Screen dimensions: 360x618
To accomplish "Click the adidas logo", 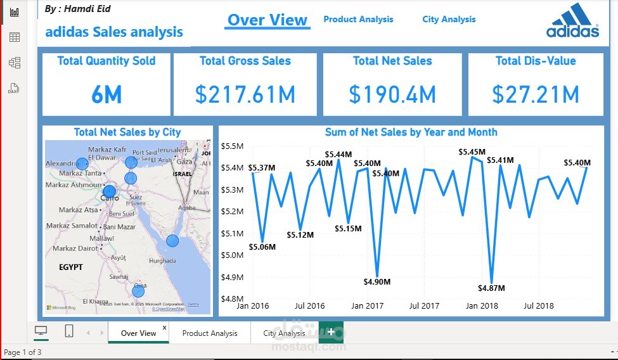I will tap(572, 22).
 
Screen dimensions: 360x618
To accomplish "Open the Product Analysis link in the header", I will tap(358, 20).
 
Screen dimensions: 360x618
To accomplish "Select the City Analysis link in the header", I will tap(449, 20).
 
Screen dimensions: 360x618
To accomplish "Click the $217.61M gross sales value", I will tap(245, 94).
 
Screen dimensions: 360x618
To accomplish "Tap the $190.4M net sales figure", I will tap(392, 94).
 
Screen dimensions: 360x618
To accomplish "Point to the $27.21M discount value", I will tap(536, 94).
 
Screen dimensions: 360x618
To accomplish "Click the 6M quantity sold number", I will tap(106, 95).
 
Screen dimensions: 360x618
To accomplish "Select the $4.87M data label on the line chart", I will tap(492, 288).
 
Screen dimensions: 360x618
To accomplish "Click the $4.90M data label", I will tap(377, 281).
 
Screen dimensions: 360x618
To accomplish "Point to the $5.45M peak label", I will tap(472, 152).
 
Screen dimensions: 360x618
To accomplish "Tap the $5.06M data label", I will tap(262, 247).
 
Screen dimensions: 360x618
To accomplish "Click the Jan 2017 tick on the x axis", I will tap(367, 306).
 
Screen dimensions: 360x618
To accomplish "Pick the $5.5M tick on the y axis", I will tap(233, 146).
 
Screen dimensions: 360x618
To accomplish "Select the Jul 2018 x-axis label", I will tap(539, 306).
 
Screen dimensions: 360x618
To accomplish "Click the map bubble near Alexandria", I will tap(82, 164).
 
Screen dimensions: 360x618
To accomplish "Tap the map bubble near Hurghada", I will tap(172, 241).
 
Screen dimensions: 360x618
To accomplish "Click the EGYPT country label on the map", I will tap(71, 267).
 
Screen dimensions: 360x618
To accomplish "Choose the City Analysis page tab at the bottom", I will tap(284, 333).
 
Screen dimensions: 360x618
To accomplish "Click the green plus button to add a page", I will tap(331, 333).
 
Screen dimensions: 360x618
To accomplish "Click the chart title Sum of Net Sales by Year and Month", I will tap(411, 132).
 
